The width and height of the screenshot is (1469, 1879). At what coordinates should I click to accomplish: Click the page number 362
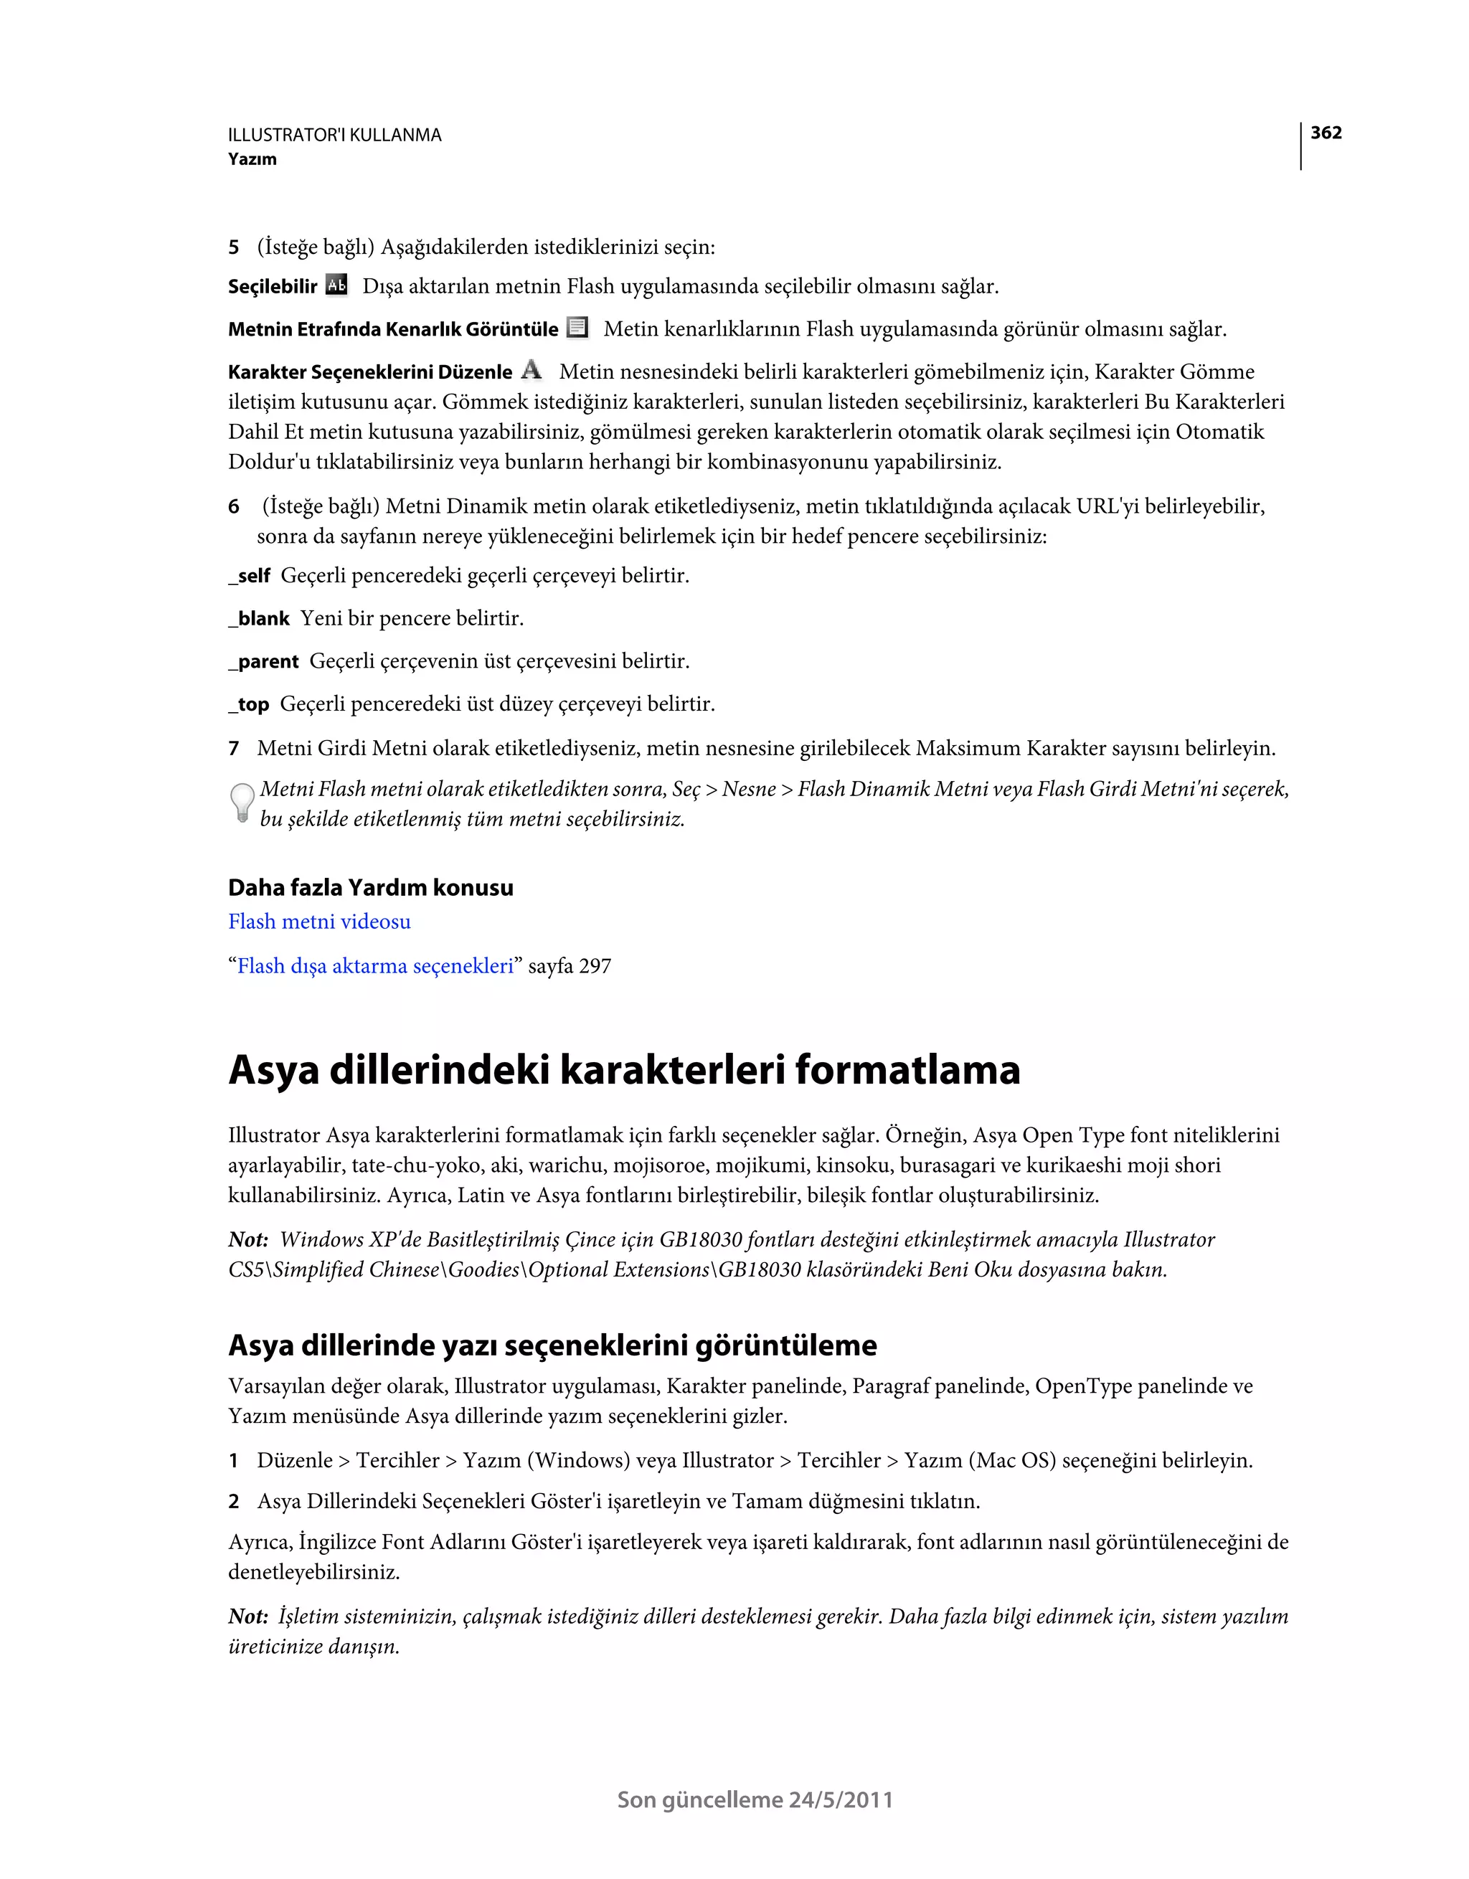[x=1326, y=133]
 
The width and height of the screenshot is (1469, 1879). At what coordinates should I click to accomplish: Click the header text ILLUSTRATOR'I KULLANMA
[x=335, y=135]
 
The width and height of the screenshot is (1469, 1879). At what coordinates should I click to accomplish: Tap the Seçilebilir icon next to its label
[x=337, y=285]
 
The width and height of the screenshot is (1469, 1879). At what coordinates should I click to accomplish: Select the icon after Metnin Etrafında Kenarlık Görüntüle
[x=577, y=328]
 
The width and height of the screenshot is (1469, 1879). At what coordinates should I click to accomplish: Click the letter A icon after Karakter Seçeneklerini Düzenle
[x=532, y=370]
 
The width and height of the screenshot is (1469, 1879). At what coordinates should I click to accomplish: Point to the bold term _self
[x=250, y=576]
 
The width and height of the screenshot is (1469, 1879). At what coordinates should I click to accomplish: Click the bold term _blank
[x=259, y=619]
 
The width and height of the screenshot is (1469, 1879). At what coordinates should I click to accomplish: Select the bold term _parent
[x=263, y=662]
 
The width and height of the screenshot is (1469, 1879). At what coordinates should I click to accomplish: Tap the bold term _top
[x=249, y=704]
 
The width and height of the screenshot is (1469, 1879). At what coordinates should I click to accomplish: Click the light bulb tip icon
[x=242, y=803]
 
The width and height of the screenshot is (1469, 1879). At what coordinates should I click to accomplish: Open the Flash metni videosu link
[x=319, y=922]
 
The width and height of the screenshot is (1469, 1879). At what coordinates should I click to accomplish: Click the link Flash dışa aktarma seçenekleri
[x=375, y=966]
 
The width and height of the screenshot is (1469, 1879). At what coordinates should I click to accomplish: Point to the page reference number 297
[x=595, y=966]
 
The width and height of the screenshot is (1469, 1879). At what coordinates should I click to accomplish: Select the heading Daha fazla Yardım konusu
[x=370, y=888]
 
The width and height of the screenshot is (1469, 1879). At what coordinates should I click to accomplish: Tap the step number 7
[x=233, y=749]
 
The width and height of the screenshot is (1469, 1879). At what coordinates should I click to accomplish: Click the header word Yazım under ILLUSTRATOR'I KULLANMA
[x=252, y=159]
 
